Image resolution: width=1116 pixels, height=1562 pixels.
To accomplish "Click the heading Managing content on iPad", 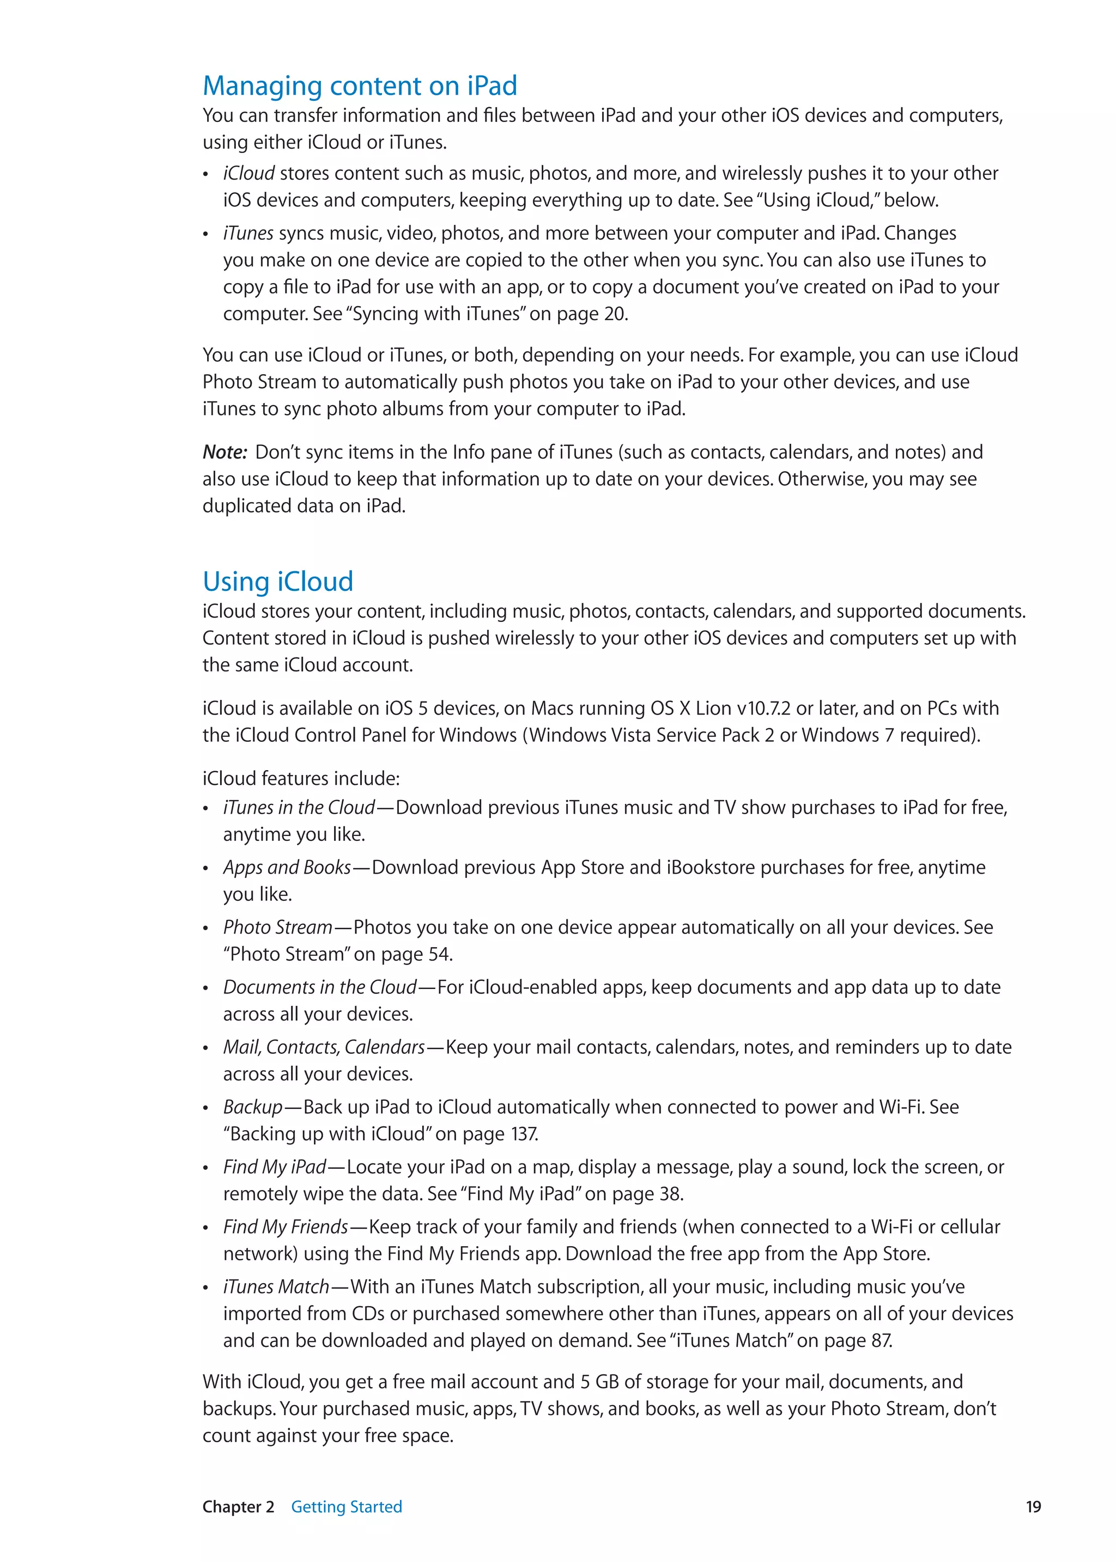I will [x=360, y=87].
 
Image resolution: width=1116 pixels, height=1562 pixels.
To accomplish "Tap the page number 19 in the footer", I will [x=1033, y=1506].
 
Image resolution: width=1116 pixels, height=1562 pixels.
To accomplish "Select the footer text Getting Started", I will [x=347, y=1506].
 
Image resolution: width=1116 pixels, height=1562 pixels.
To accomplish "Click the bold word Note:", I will [x=225, y=452].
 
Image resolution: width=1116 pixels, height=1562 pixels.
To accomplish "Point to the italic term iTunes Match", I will [x=276, y=1286].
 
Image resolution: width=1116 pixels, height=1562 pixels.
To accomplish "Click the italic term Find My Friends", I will [x=285, y=1227].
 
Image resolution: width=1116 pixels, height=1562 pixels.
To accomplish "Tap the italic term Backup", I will [x=253, y=1107].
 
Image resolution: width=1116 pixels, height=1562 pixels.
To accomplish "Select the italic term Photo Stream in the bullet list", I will [x=277, y=928].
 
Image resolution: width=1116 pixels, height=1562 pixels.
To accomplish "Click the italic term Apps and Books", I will [x=287, y=868].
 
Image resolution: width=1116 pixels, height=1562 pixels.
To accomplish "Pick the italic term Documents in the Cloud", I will [x=319, y=987].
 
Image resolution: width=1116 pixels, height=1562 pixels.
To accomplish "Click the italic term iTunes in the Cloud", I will [x=299, y=807].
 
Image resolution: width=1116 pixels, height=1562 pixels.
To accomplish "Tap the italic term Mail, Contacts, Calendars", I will [x=324, y=1047].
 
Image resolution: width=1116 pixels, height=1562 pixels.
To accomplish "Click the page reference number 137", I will [x=524, y=1133].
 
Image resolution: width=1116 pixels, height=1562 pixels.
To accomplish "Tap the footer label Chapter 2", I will [x=238, y=1506].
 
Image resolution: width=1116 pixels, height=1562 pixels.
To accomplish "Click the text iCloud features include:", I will [x=301, y=778].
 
